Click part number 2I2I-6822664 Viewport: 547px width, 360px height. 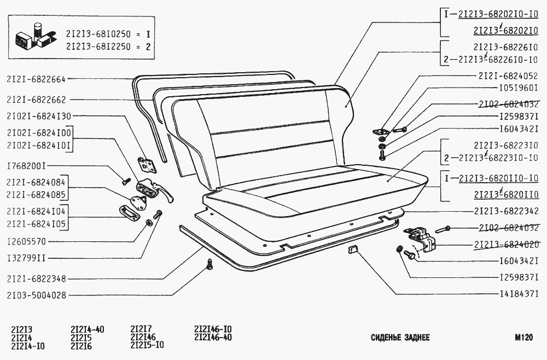36,79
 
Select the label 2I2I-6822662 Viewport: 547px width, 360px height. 36,100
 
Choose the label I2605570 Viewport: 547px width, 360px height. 26,241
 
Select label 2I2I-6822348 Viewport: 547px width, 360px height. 36,279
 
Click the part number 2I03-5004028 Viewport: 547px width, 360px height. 36,295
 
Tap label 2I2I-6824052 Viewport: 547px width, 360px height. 508,76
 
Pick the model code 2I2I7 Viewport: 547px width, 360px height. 141,329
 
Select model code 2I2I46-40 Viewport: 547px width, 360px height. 213,338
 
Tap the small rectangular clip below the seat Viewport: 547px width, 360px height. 352,250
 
